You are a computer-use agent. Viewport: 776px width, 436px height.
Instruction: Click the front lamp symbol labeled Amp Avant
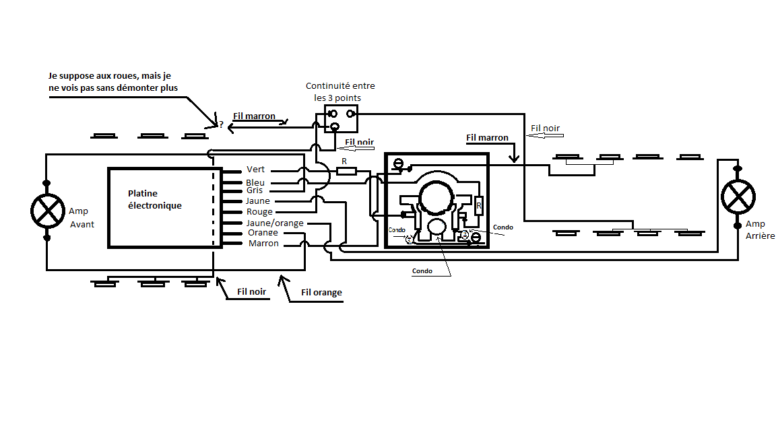[48, 211]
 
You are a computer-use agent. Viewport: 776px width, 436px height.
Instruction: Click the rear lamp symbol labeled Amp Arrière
[738, 196]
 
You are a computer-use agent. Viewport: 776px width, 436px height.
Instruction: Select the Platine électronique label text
[155, 199]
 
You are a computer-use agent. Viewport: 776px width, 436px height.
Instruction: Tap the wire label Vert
[255, 170]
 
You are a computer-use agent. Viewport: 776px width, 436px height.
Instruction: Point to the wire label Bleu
[255, 182]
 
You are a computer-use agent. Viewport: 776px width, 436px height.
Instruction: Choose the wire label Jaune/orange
[275, 223]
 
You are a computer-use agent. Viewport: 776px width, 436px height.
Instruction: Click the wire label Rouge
[259, 211]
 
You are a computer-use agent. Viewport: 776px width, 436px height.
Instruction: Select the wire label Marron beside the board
[263, 243]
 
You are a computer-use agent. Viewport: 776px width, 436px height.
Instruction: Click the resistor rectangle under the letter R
[346, 172]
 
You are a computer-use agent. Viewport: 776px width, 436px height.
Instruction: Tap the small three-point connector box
[341, 118]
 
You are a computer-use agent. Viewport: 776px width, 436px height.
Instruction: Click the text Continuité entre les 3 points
[340, 92]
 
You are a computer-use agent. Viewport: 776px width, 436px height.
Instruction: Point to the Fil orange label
[321, 292]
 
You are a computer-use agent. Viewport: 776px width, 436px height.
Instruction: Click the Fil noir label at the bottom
[251, 291]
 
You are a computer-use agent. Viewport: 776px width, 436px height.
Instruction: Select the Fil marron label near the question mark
[254, 116]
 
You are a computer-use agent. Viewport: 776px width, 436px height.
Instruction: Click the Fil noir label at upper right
[545, 128]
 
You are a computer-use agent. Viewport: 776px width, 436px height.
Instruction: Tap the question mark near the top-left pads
[221, 124]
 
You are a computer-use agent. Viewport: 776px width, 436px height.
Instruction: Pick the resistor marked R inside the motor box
[478, 205]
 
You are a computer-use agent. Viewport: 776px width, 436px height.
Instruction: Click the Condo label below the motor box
[422, 271]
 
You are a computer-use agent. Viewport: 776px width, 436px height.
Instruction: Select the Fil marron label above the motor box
[487, 137]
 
